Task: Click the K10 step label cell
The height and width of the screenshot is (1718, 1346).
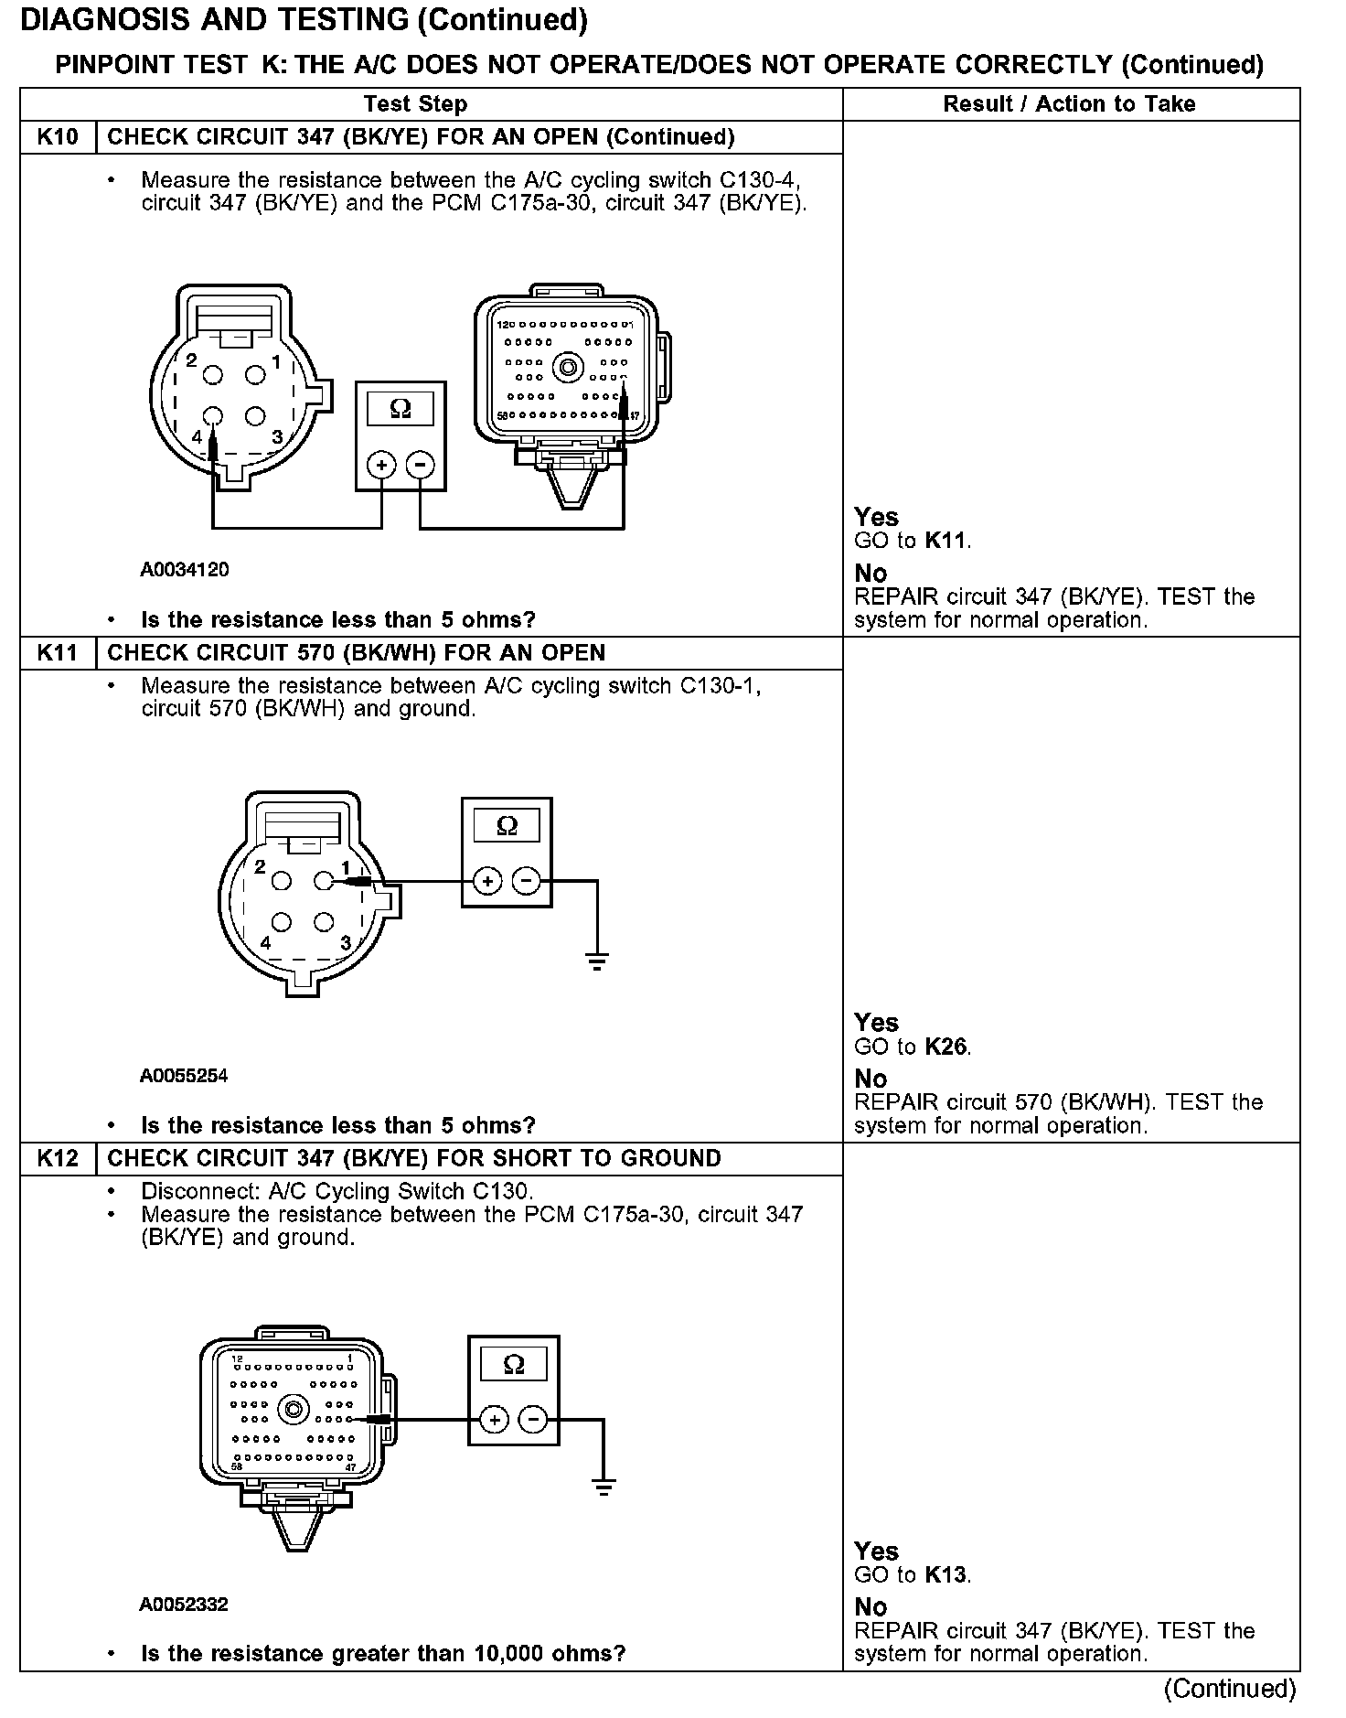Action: (x=58, y=137)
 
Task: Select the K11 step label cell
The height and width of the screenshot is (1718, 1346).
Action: (x=58, y=653)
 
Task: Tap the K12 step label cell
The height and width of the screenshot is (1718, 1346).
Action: (x=58, y=1158)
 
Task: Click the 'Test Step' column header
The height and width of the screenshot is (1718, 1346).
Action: (x=415, y=104)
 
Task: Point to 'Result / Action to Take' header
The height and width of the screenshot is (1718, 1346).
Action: (x=1069, y=104)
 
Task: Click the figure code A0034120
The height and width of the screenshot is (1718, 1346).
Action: (x=184, y=570)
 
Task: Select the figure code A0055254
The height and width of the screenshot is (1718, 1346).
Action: (x=184, y=1076)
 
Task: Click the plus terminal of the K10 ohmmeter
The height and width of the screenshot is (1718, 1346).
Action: (x=380, y=466)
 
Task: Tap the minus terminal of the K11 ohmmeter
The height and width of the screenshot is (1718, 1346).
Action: (x=527, y=882)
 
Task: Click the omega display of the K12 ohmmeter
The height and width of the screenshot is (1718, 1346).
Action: (x=514, y=1366)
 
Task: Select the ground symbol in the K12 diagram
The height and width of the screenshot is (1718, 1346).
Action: (x=604, y=1488)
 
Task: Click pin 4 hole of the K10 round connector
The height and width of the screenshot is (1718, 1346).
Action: (x=213, y=416)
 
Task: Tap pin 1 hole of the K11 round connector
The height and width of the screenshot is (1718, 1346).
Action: (x=323, y=881)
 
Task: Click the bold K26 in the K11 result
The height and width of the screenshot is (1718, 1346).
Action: (x=945, y=1047)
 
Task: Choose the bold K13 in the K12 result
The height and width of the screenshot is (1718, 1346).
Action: (x=945, y=1574)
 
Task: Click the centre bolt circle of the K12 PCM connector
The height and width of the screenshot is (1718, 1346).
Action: (x=294, y=1409)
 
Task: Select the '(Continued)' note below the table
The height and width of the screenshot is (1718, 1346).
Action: (x=1230, y=1688)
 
